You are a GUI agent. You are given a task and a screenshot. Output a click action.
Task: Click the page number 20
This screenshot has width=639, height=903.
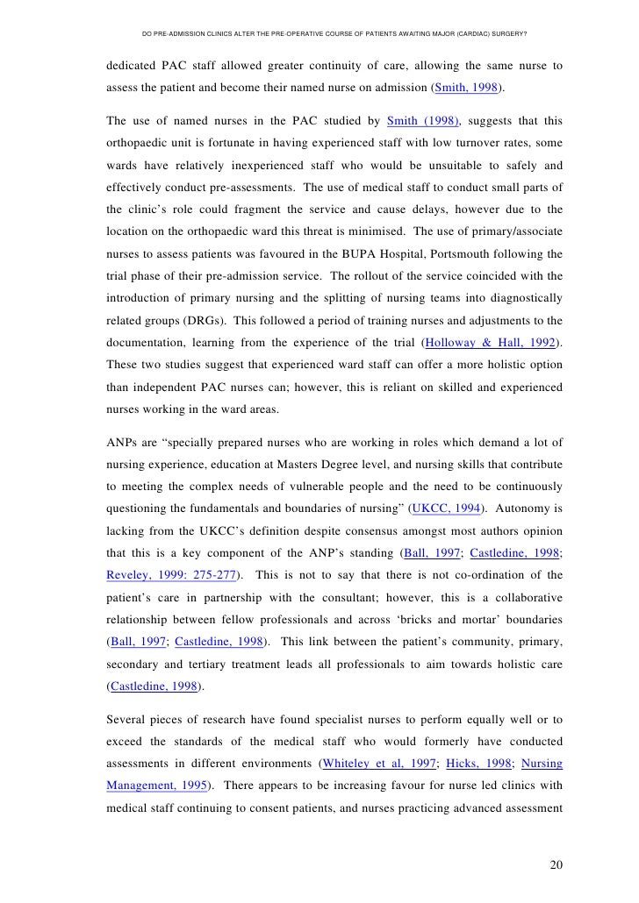click(x=555, y=865)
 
